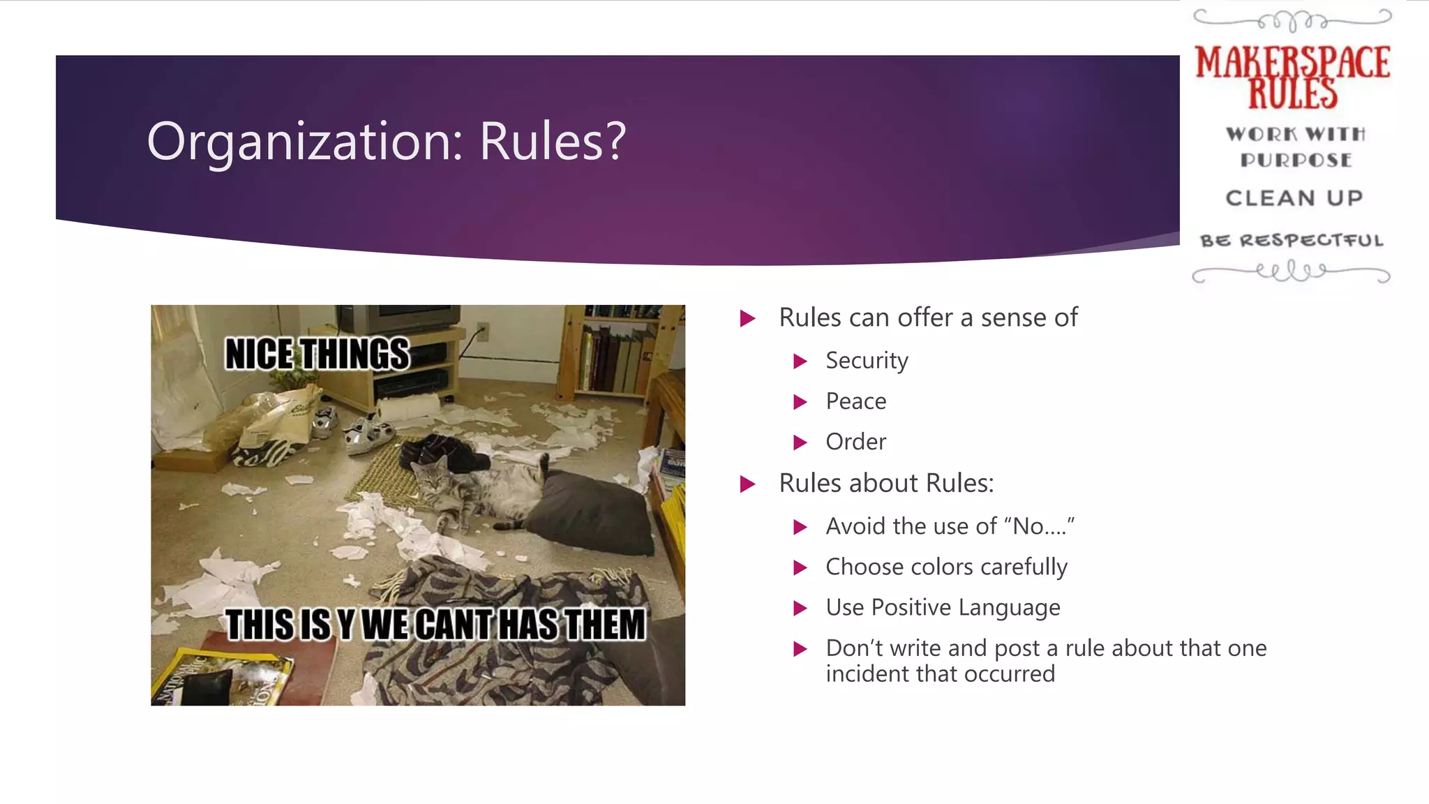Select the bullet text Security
(x=867, y=361)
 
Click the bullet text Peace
(x=855, y=401)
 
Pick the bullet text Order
(x=855, y=442)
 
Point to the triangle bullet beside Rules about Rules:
(x=747, y=484)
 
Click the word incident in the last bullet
(x=868, y=674)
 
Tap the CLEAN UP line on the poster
(x=1294, y=198)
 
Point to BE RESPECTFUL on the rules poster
(x=1292, y=241)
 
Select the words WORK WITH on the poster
(x=1295, y=134)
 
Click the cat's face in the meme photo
(x=432, y=478)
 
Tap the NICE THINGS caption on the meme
(x=317, y=355)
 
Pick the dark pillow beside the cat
(x=593, y=513)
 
